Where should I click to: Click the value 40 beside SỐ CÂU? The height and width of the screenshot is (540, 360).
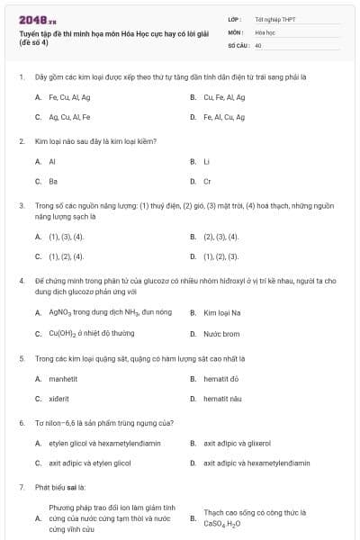click(x=258, y=44)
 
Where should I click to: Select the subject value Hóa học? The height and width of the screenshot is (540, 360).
click(x=265, y=31)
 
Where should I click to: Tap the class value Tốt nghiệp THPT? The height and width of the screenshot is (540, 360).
click(x=274, y=18)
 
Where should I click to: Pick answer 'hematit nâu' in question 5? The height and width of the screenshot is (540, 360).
click(x=222, y=398)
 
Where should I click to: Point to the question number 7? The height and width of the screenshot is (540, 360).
click(x=21, y=487)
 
